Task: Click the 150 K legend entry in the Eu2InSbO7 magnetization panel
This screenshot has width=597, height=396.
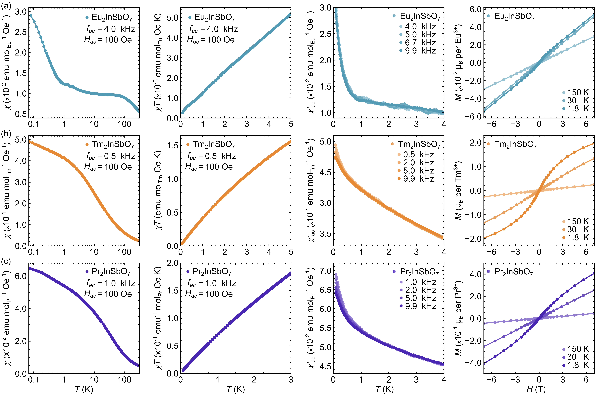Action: pos(578,92)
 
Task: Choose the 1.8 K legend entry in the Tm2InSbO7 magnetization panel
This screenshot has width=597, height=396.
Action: pos(578,238)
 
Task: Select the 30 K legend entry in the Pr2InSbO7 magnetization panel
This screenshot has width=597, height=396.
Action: pos(578,357)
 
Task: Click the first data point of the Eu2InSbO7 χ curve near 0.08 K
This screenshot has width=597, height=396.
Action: pos(31,15)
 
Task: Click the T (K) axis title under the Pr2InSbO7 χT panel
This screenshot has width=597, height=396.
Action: pos(236,389)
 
